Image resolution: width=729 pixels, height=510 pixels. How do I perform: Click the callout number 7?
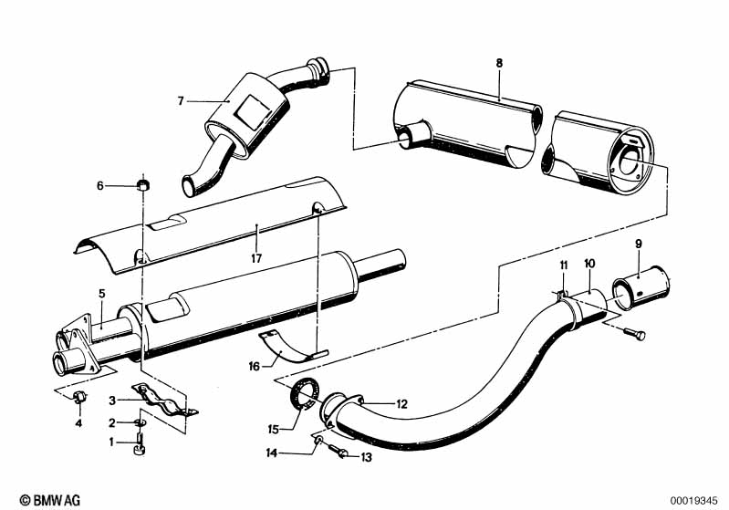pyautogui.click(x=182, y=100)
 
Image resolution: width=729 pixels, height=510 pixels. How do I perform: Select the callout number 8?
pyautogui.click(x=499, y=63)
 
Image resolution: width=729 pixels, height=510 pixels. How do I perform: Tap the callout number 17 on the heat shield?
pyautogui.click(x=258, y=258)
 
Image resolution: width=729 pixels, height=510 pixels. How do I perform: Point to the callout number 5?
pyautogui.click(x=102, y=295)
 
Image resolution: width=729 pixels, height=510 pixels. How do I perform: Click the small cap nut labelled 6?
pyautogui.click(x=142, y=186)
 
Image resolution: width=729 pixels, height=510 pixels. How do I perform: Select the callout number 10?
pyautogui.click(x=589, y=264)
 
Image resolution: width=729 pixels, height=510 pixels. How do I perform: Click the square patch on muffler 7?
pyautogui.click(x=249, y=110)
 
